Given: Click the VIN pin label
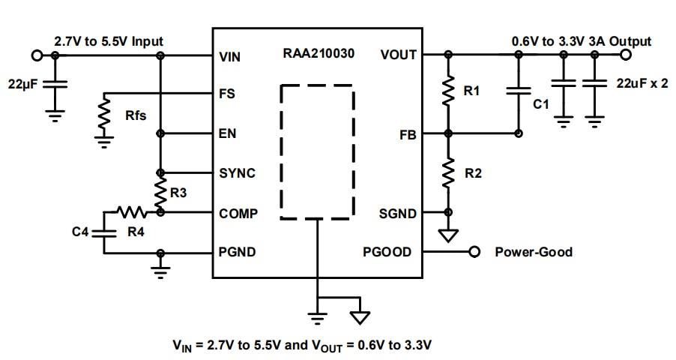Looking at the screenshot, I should click(230, 56).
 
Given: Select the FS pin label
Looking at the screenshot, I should click(226, 95).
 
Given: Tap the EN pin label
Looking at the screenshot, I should click(227, 134).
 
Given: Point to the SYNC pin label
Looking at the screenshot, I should click(237, 173).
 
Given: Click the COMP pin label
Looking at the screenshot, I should click(238, 213).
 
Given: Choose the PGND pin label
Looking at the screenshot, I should click(237, 252).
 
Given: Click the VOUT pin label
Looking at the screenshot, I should click(399, 55).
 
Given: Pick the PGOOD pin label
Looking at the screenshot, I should click(387, 252).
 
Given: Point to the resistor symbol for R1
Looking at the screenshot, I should click(448, 92).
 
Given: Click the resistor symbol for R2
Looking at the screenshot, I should click(448, 173).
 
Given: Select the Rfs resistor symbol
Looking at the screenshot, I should click(103, 115).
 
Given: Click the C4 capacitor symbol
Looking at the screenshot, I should click(103, 232).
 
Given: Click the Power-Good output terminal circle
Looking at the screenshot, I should click(474, 252).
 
